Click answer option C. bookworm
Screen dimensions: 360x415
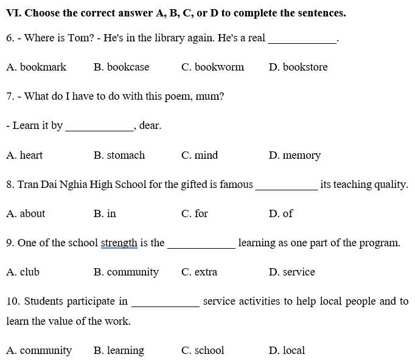click(x=212, y=67)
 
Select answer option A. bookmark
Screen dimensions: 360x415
click(x=37, y=67)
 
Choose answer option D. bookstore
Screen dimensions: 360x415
click(x=298, y=67)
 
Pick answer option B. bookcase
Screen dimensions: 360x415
click(x=122, y=67)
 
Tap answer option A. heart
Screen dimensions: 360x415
click(x=25, y=155)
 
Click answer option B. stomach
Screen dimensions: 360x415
click(x=119, y=155)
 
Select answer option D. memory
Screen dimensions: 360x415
click(x=295, y=155)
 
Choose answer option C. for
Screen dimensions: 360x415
click(x=195, y=213)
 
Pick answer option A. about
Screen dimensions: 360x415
click(x=26, y=213)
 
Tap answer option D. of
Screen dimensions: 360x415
click(x=281, y=213)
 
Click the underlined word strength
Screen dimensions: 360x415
click(x=119, y=243)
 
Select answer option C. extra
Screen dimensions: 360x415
click(x=199, y=272)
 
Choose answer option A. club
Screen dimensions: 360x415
click(x=23, y=272)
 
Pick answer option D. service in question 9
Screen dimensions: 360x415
click(x=291, y=272)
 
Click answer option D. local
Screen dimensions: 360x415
click(x=287, y=350)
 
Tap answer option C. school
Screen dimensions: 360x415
click(x=203, y=350)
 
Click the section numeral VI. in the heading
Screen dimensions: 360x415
click(x=13, y=13)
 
